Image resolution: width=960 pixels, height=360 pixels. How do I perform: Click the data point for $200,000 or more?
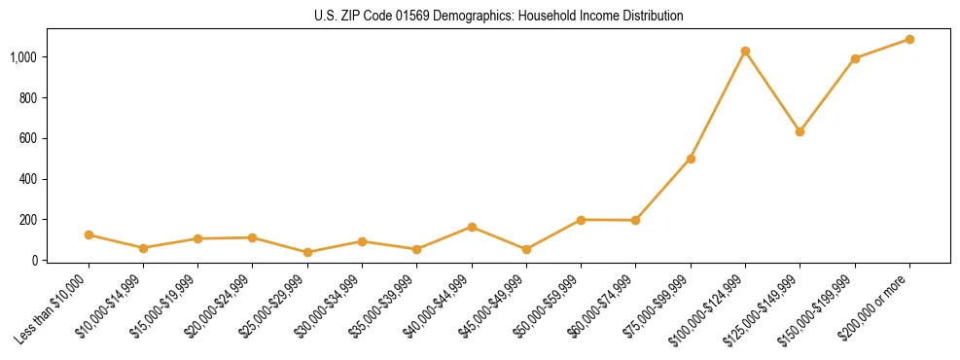[909, 39]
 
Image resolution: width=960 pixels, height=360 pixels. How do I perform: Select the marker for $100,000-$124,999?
[745, 51]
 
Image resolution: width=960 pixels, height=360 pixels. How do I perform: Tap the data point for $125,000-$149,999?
[800, 131]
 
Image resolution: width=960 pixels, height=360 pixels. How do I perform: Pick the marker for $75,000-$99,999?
[691, 159]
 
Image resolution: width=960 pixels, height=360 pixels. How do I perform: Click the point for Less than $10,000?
[89, 234]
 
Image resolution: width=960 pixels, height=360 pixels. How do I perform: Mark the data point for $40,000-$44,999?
[472, 227]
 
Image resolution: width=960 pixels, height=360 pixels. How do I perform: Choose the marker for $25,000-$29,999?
[307, 252]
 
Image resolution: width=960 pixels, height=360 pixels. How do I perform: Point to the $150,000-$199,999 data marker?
[855, 58]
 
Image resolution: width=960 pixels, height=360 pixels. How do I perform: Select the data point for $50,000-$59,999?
[581, 220]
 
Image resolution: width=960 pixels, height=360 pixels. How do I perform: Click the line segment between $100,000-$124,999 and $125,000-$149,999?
[772, 91]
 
